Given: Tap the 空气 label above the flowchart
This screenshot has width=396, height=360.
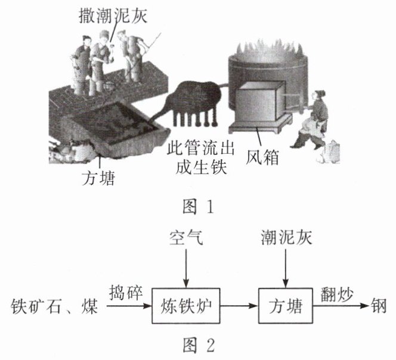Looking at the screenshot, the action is (x=186, y=237).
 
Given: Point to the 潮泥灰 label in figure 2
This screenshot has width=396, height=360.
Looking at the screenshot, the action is (x=286, y=237).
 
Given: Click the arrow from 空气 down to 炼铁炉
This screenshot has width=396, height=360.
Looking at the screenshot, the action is (x=186, y=268).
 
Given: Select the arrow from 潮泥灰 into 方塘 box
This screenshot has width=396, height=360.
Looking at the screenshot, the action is (x=286, y=268).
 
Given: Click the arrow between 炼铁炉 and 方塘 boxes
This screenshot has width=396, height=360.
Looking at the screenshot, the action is (x=239, y=306).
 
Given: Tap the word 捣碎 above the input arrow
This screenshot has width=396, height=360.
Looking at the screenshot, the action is (x=126, y=293).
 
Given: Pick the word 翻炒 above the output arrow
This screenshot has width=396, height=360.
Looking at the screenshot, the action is (x=337, y=294).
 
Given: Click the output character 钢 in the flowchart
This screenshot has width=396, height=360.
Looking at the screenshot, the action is (x=379, y=306).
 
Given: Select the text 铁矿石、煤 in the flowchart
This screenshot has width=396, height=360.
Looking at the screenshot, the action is (x=54, y=306).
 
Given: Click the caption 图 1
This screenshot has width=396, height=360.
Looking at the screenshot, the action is (x=198, y=207).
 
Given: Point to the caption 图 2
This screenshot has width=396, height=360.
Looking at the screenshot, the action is (x=199, y=345).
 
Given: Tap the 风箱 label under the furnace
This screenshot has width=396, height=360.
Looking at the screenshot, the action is (x=262, y=157).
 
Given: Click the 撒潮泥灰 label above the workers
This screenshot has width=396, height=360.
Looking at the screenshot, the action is (x=113, y=15).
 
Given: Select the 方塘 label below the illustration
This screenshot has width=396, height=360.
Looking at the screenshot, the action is (x=98, y=178).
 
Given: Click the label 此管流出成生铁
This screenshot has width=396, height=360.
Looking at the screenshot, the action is (x=201, y=157).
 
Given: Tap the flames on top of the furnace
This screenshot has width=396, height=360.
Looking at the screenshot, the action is (x=268, y=50).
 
